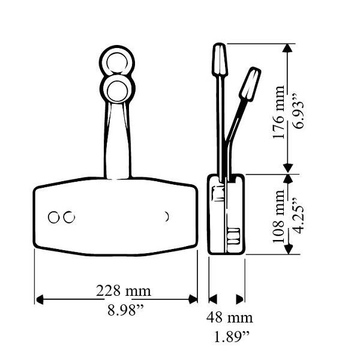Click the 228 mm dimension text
coord(124,291)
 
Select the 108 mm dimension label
coord(278,214)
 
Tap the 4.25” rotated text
coord(296,214)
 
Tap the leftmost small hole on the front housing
coord(55,217)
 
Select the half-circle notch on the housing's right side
coord(167,216)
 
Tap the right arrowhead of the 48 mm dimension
coord(240,299)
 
